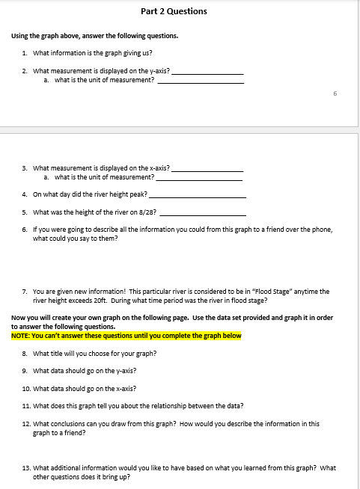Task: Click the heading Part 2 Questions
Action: [174, 11]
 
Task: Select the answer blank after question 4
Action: [198, 196]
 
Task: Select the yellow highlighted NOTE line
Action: [126, 336]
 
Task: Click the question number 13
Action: [25, 468]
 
